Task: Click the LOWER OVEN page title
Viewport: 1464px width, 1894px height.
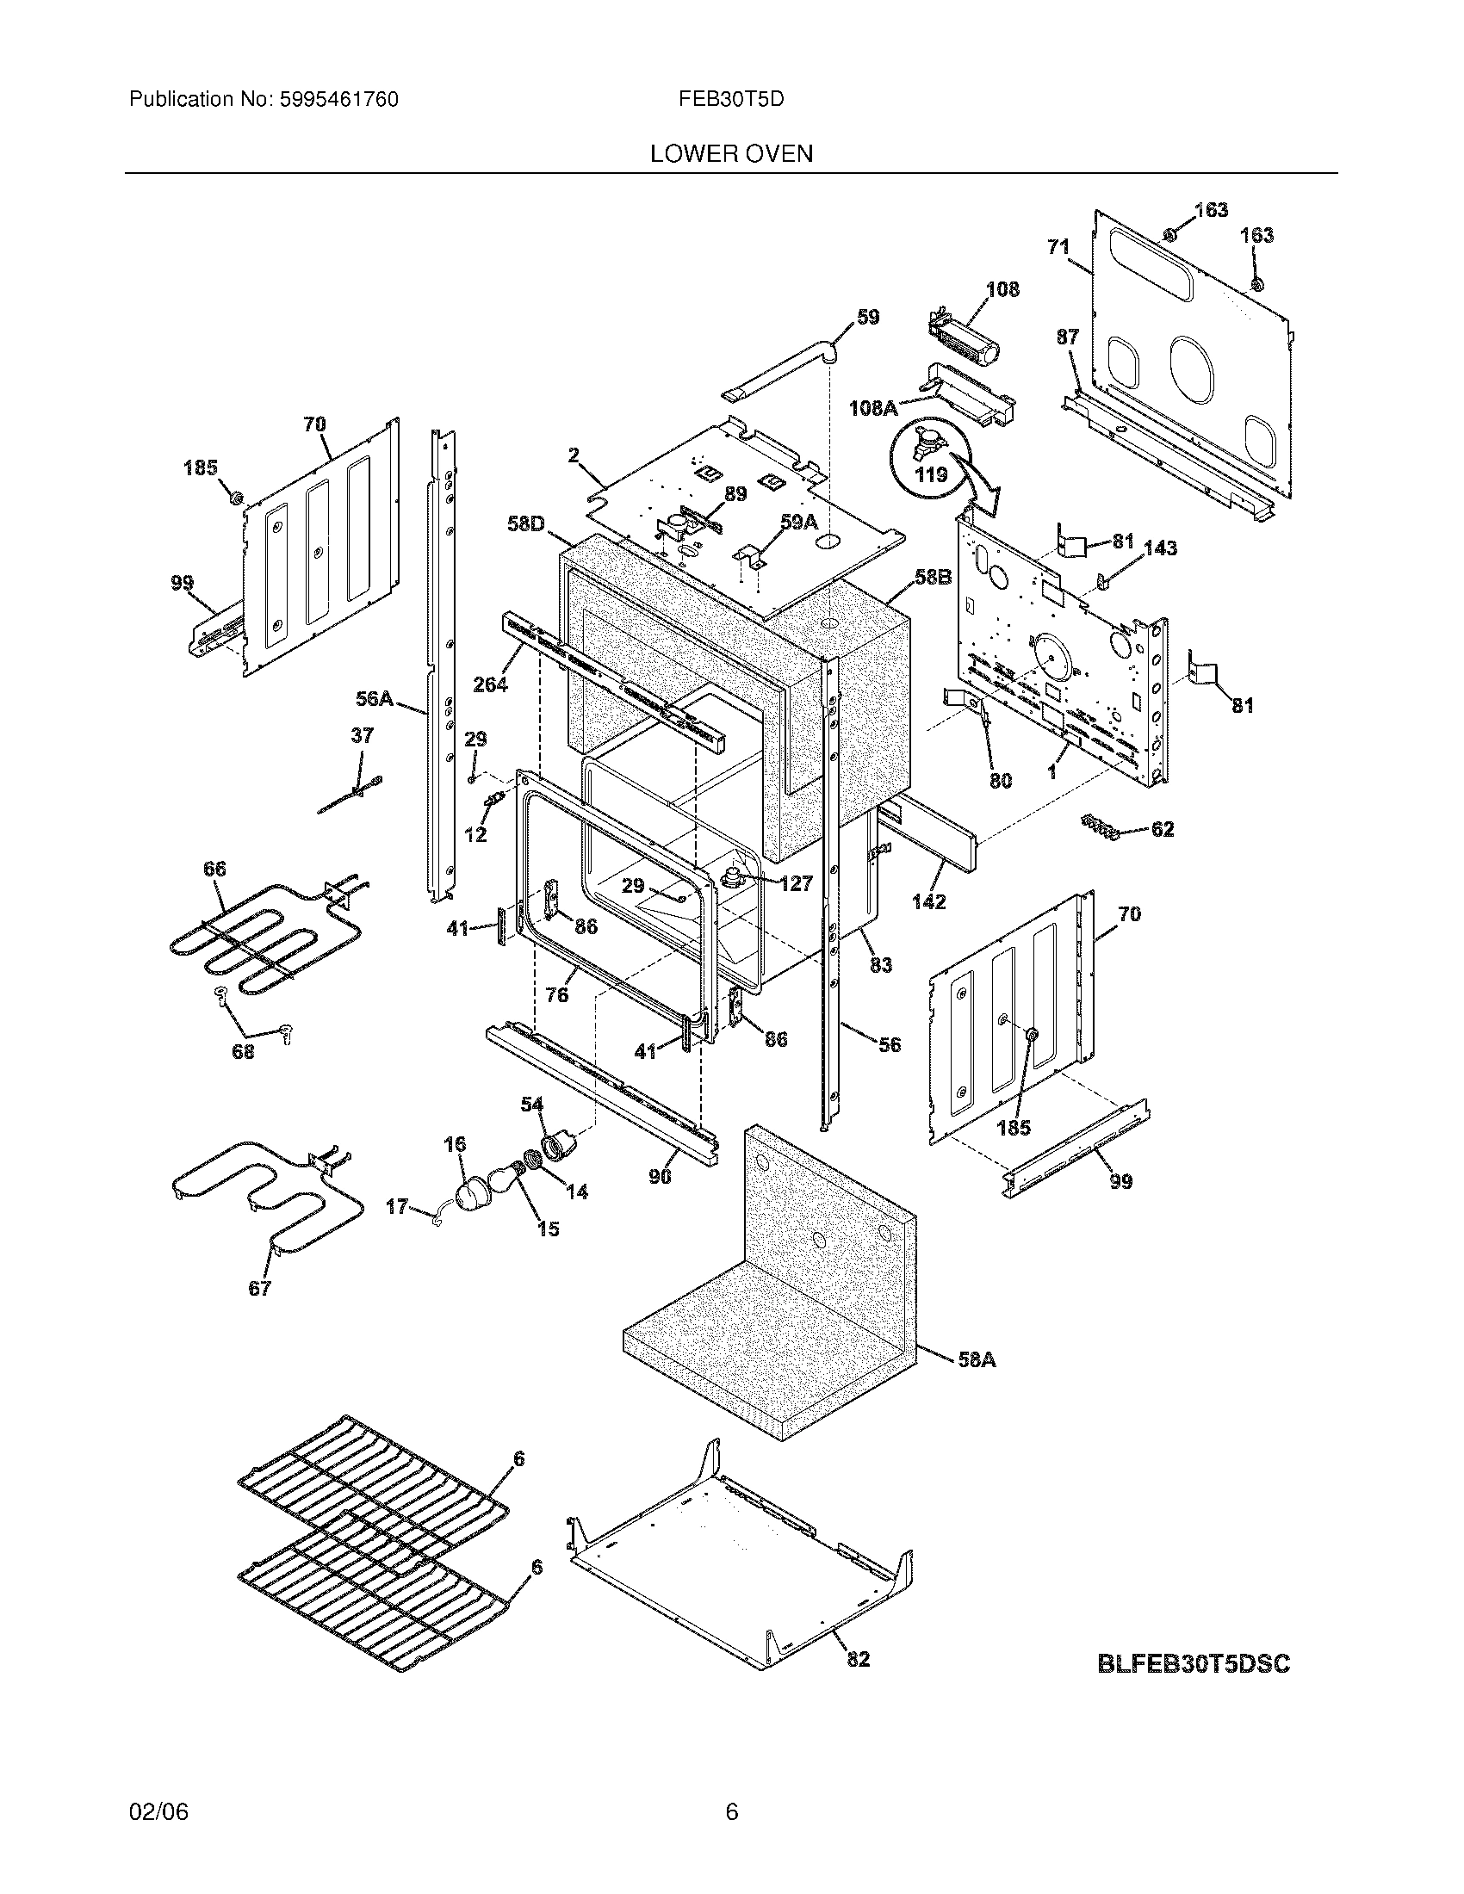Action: click(731, 154)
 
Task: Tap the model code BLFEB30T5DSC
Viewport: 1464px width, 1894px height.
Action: click(1194, 1664)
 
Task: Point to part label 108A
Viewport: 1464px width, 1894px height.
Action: click(872, 407)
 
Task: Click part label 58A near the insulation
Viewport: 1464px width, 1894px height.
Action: click(977, 1359)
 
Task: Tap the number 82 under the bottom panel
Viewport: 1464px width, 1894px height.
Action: click(858, 1659)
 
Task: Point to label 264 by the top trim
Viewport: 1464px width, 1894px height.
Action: click(490, 684)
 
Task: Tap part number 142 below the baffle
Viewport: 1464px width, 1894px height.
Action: click(928, 902)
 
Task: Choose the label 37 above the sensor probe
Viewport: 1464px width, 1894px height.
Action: click(362, 735)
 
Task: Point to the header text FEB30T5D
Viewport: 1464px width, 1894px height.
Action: click(731, 100)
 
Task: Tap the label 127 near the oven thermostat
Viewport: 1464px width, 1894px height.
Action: click(796, 883)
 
